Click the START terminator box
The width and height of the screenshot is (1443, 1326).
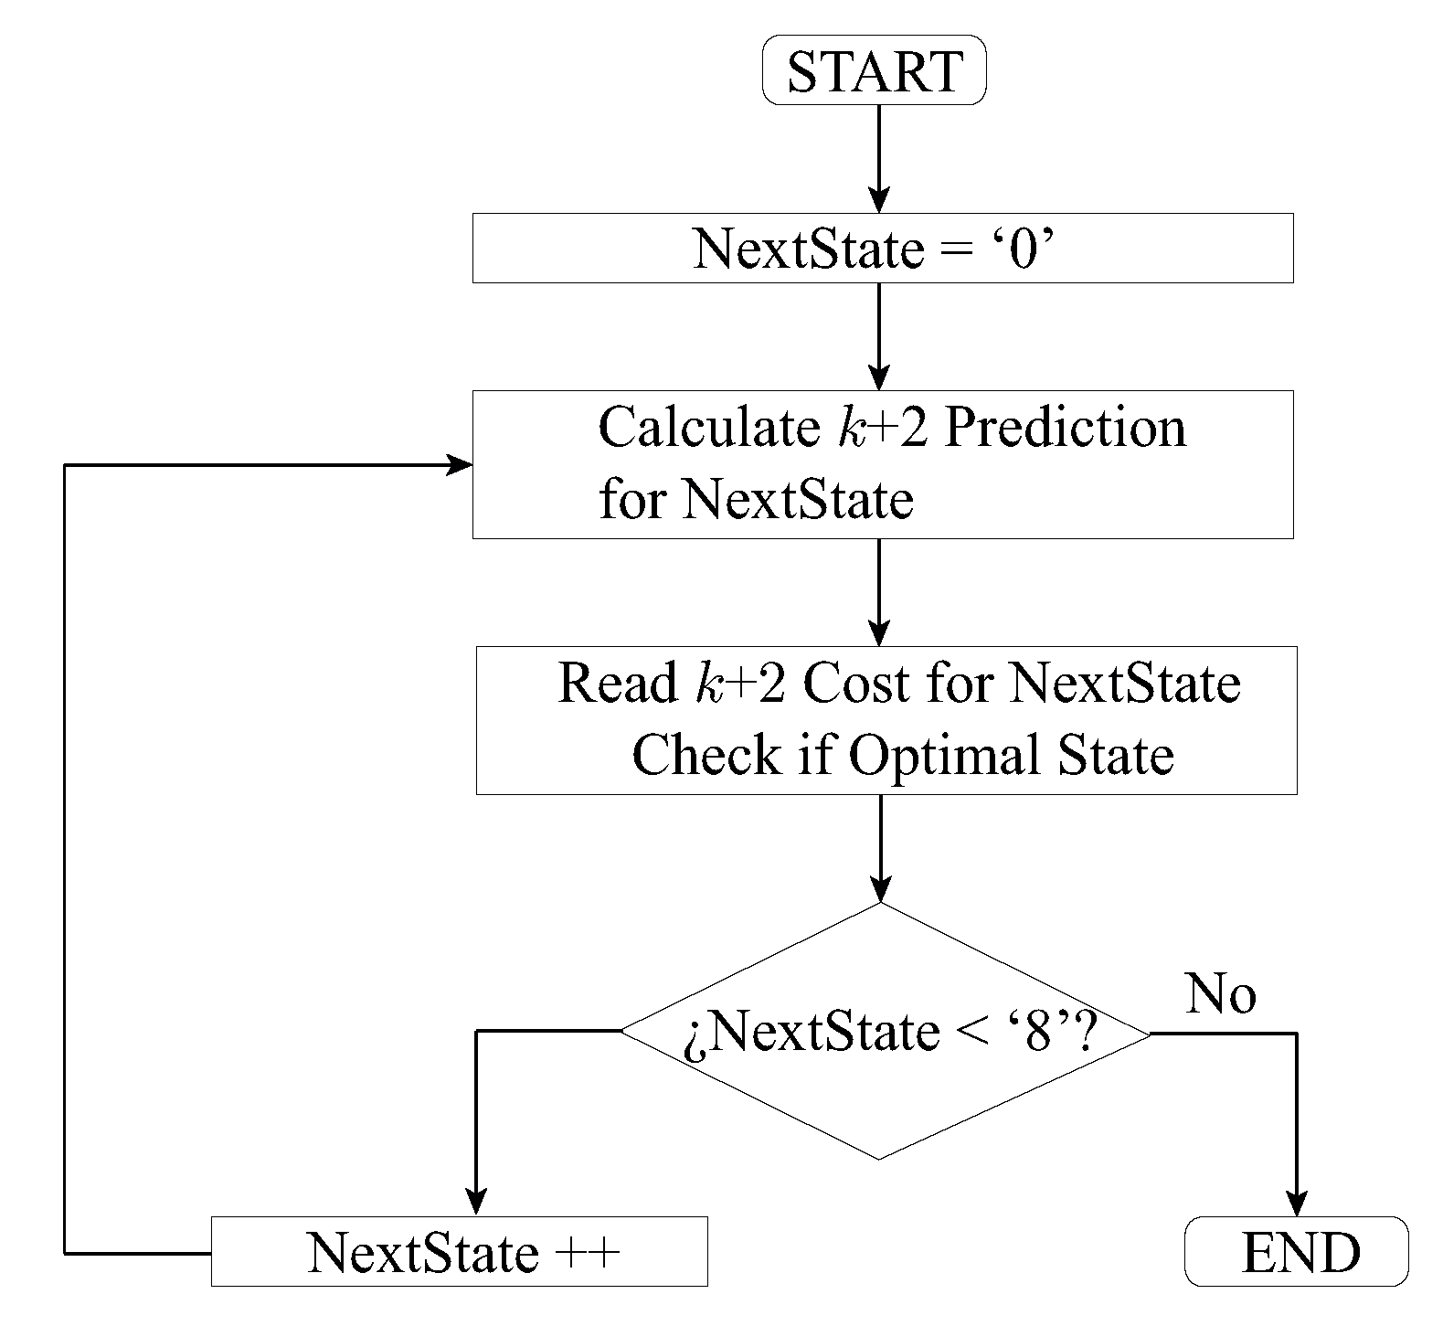874,71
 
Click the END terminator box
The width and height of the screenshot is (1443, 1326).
1296,1252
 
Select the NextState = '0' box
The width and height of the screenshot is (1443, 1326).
882,248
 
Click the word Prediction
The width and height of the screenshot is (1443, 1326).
1064,428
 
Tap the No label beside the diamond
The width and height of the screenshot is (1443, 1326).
1220,994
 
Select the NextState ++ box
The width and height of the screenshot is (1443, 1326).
459,1252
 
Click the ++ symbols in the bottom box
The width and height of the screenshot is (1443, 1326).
589,1252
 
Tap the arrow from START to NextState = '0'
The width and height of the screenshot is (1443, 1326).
878,155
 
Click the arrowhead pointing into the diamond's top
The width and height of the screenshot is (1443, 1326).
879,889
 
